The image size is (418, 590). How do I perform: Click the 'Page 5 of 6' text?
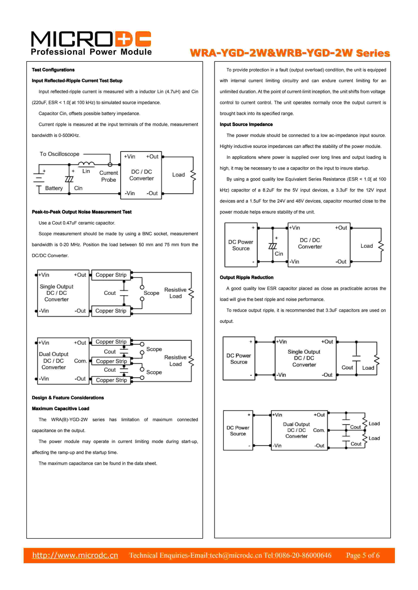coord(363,555)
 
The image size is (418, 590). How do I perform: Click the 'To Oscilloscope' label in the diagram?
coord(60,154)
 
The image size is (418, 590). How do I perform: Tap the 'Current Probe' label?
coord(109,176)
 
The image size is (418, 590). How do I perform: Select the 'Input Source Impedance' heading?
coord(246,124)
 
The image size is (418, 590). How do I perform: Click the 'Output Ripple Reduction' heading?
coord(247,277)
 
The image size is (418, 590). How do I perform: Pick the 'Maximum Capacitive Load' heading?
coord(61,409)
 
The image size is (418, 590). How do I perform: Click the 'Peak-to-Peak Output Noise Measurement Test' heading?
coord(82,212)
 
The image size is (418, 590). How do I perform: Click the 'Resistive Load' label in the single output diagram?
coord(175,293)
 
